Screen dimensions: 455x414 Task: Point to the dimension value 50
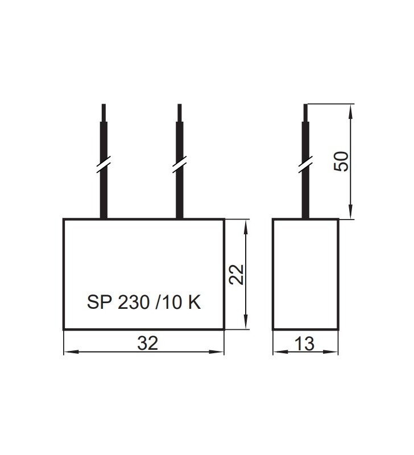(x=341, y=162)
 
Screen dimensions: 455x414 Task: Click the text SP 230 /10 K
(x=144, y=302)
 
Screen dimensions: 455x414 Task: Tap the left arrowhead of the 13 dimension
(x=277, y=353)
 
